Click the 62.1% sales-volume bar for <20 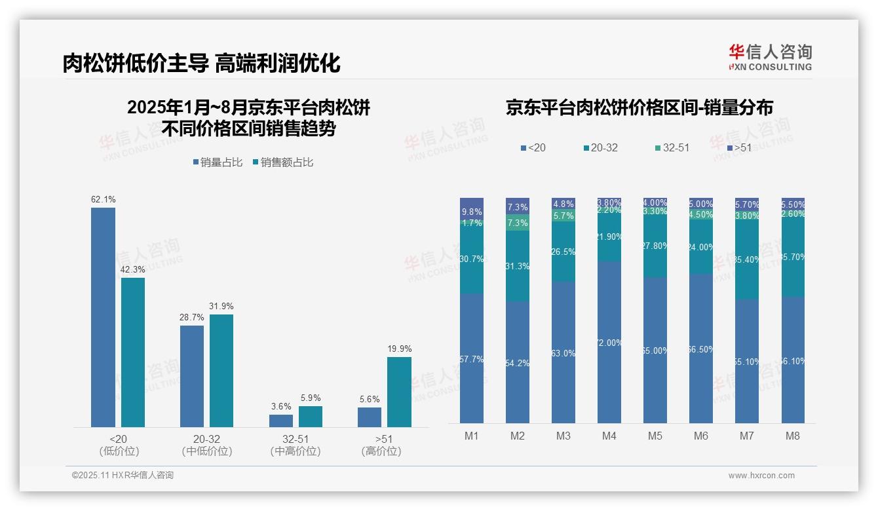click(103, 317)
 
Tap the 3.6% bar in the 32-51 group click(281, 421)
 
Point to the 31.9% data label click(221, 306)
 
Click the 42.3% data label click(133, 269)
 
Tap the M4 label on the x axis click(609, 436)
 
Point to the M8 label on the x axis click(792, 436)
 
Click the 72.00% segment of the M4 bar click(609, 342)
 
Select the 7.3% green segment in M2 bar click(518, 222)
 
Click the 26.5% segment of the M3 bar click(563, 252)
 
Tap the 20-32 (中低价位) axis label click(207, 445)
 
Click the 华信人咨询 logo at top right click(770, 57)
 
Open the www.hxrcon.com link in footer click(761, 476)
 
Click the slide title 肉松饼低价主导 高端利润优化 click(201, 63)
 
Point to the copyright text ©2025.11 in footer click(123, 476)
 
